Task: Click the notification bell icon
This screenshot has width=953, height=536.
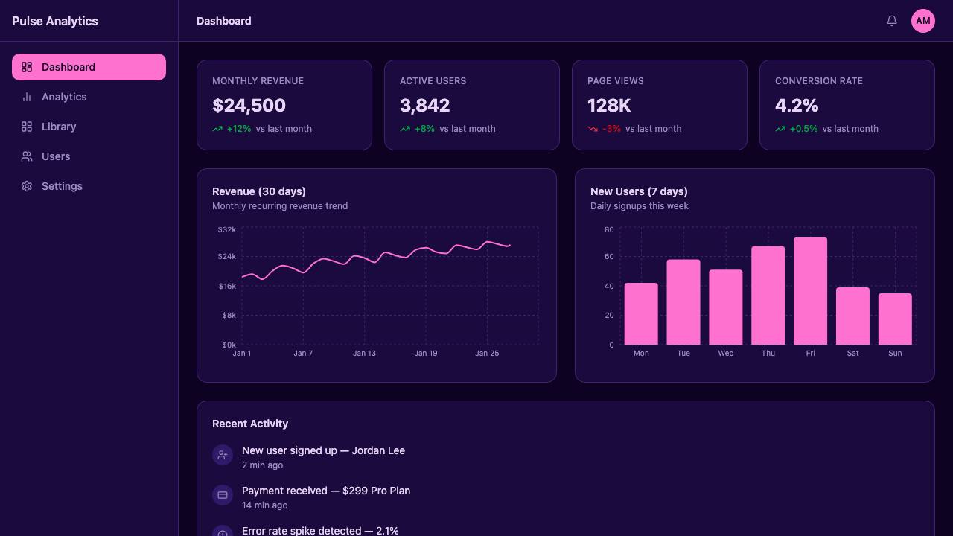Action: (892, 20)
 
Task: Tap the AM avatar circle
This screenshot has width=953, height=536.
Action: (922, 20)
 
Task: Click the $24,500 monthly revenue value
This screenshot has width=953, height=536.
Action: (249, 106)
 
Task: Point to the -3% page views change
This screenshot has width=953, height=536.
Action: (611, 129)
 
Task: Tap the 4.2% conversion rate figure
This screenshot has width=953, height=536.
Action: (797, 106)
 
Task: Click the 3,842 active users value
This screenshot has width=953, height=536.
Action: (424, 106)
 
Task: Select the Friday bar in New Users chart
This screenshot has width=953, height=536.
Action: (811, 291)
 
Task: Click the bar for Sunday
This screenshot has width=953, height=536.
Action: (895, 319)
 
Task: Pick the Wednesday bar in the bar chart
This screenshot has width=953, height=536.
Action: (726, 307)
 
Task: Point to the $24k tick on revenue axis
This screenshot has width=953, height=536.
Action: (227, 257)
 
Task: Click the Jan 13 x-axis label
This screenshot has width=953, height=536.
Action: (364, 353)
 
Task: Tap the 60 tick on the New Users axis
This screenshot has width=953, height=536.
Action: (609, 257)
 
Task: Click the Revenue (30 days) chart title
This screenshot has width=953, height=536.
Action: (258, 191)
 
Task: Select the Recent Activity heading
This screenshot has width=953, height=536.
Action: (250, 424)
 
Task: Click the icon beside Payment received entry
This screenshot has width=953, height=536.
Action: (223, 495)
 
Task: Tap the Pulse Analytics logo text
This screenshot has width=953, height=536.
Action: (55, 21)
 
